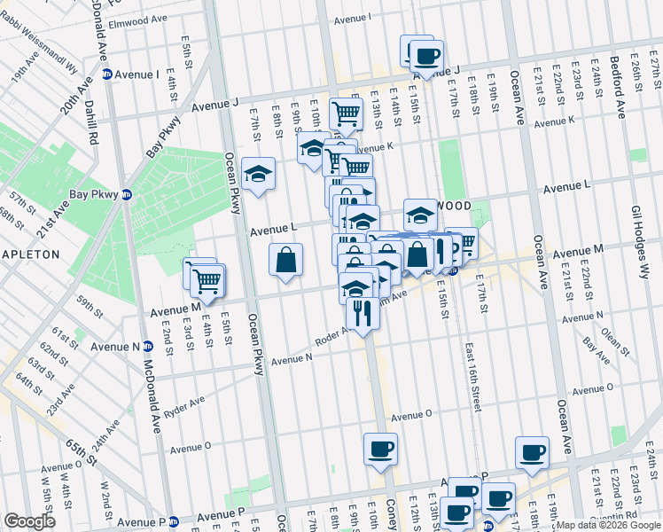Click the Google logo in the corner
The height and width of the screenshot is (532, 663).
29,520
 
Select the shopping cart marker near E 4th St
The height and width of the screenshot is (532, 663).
207,280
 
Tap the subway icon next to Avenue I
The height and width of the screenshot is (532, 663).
106,74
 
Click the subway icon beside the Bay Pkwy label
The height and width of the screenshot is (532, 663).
127,194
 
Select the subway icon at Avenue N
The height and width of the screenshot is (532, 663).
146,348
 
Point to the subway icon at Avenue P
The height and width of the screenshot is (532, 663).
174,521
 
